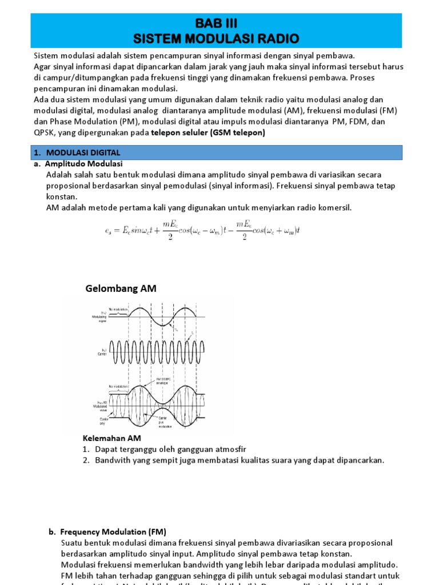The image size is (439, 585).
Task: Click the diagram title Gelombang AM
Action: click(x=121, y=289)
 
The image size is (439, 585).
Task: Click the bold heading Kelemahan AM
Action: click(x=112, y=438)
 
